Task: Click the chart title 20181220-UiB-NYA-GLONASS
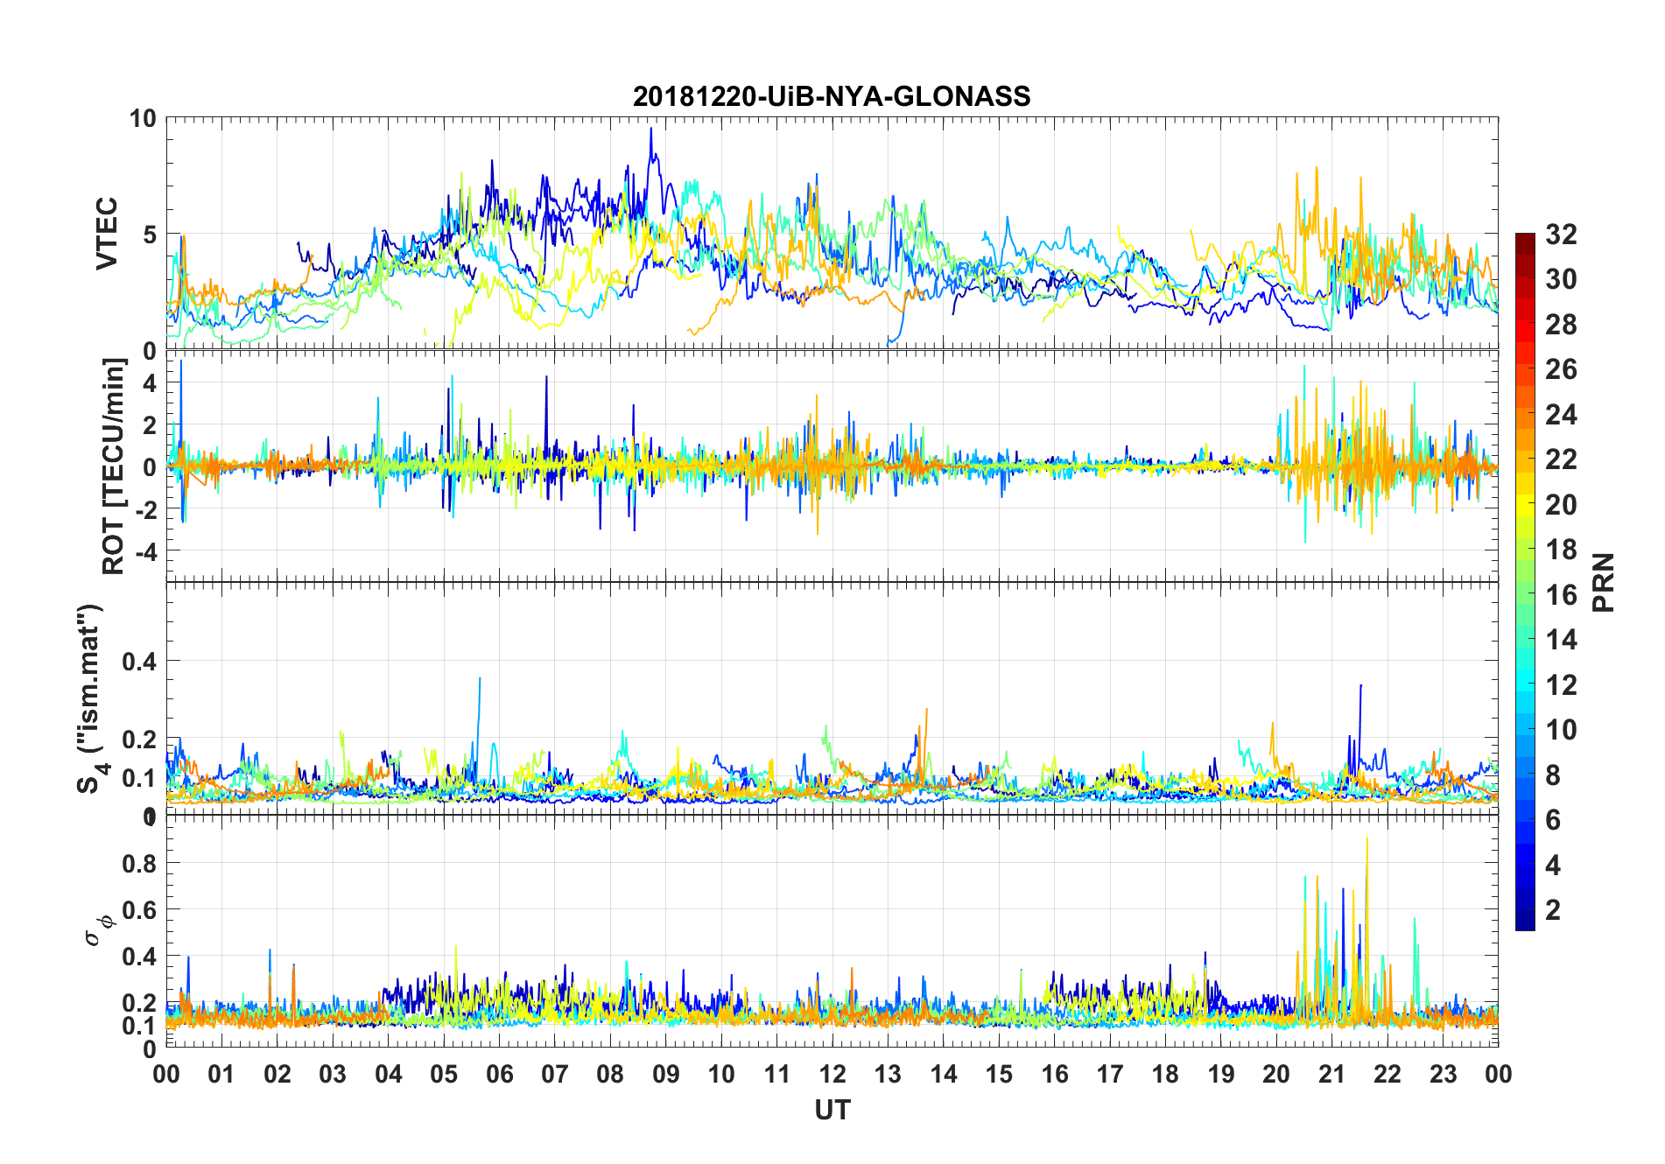point(832,96)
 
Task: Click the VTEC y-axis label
point(107,234)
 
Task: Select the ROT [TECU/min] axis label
point(114,466)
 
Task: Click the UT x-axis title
point(832,1110)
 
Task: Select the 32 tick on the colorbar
point(1561,234)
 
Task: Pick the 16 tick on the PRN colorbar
point(1561,595)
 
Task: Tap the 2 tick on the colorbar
point(1553,909)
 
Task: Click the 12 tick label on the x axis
point(832,1074)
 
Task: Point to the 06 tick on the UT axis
point(499,1074)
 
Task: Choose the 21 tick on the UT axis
point(1331,1074)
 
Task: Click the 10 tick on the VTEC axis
point(143,118)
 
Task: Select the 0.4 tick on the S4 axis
point(139,661)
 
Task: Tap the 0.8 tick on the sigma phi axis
point(139,863)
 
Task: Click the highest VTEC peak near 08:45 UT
point(650,129)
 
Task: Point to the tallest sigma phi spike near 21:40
point(1367,838)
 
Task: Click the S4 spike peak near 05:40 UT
point(480,678)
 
